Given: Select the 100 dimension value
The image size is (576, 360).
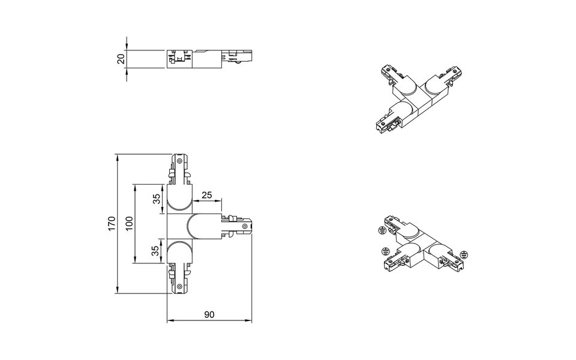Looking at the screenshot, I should point(128,224).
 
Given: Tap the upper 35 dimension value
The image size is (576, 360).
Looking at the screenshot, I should point(157,200).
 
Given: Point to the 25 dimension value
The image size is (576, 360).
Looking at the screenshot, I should point(207,194).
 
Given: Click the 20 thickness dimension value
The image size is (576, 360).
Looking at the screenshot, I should point(121,59).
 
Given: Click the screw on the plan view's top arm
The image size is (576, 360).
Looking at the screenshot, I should point(180,161).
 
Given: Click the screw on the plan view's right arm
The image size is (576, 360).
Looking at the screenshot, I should point(245,225).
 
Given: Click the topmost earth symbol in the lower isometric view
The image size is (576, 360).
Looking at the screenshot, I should point(382,230).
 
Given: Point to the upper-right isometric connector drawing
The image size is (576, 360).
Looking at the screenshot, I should point(414,95).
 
